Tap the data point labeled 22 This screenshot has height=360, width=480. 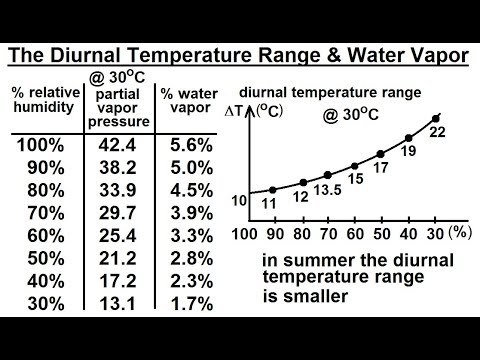[x=435, y=118]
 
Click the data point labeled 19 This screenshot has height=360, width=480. [x=408, y=137]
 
